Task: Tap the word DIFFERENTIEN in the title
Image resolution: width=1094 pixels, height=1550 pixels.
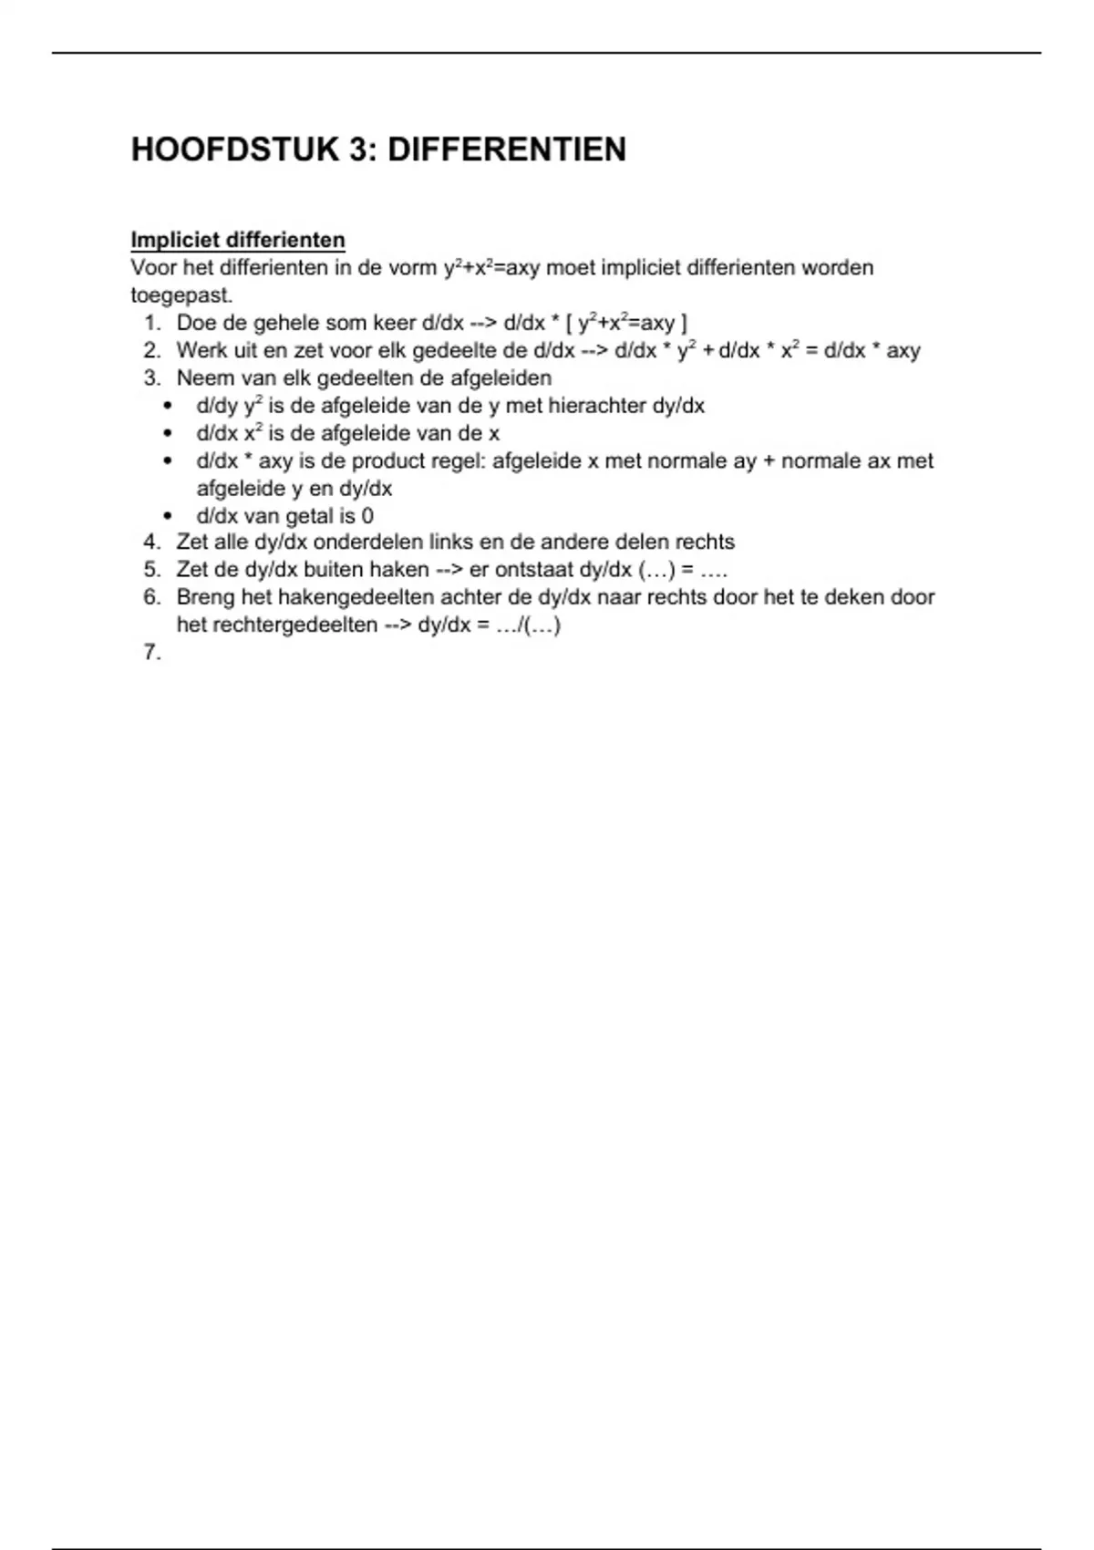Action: click(x=507, y=150)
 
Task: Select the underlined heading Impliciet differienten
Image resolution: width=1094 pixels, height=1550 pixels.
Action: click(x=238, y=240)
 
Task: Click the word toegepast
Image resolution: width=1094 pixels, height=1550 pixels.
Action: click(x=181, y=295)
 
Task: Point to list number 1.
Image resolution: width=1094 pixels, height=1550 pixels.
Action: click(x=152, y=323)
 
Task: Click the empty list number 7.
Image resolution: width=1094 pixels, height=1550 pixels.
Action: click(x=152, y=652)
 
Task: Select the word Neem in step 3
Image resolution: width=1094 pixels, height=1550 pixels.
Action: click(x=201, y=377)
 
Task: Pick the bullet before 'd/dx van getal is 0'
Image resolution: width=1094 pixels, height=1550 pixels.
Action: click(x=167, y=515)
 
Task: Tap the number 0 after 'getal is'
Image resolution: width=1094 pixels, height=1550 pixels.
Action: click(x=367, y=515)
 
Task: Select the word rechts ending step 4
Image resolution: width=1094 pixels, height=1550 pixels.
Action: click(x=705, y=542)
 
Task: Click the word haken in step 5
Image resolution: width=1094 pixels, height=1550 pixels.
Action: click(x=398, y=570)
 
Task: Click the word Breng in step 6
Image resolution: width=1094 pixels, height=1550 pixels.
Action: click(x=206, y=597)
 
